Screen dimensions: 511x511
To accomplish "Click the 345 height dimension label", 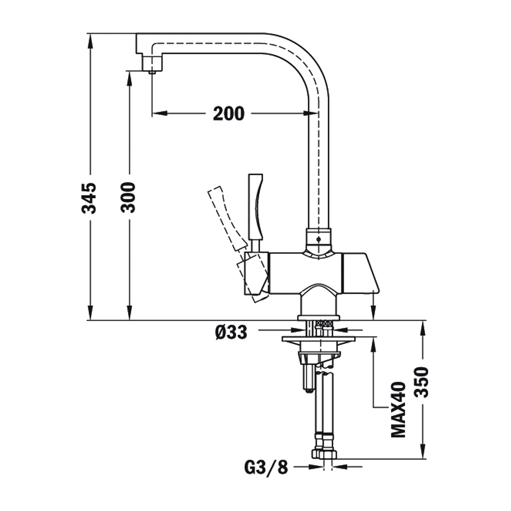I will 89,198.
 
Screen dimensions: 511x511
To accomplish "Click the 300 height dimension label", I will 128,197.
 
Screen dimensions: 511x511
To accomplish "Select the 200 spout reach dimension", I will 228,114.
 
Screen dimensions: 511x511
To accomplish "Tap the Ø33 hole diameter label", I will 231,332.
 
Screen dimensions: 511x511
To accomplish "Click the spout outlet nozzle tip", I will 152,72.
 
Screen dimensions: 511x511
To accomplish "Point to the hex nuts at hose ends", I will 324,453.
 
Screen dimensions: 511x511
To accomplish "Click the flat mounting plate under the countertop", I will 318,339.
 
